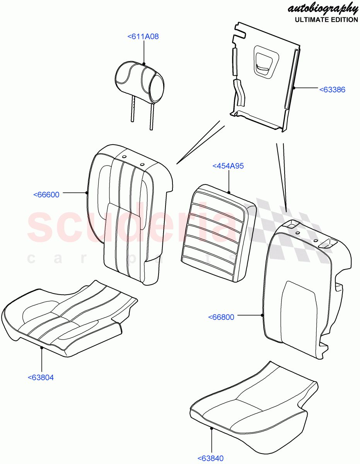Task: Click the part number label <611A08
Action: (x=143, y=37)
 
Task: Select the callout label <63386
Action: (x=332, y=90)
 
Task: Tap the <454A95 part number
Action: (x=228, y=166)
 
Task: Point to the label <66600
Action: (x=46, y=194)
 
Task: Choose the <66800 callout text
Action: (x=221, y=317)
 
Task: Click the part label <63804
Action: (x=41, y=378)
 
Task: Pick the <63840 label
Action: (x=211, y=459)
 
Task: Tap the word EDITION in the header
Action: (x=344, y=20)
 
